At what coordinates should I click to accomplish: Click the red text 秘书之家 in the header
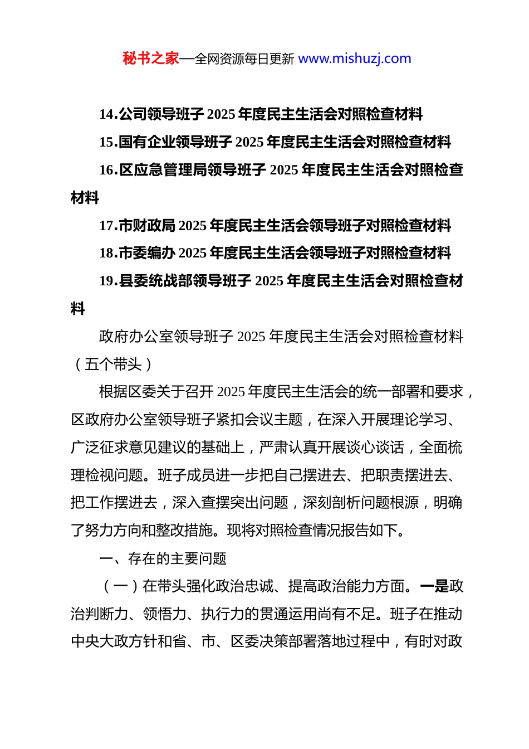(x=151, y=59)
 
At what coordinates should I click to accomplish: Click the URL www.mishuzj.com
(x=355, y=59)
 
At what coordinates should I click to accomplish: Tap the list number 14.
(x=108, y=115)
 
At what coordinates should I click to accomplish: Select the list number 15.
(x=108, y=143)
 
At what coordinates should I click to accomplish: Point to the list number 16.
(x=108, y=171)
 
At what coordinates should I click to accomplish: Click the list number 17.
(x=108, y=226)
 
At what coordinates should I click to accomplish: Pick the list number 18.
(x=108, y=254)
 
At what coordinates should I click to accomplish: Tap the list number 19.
(x=108, y=281)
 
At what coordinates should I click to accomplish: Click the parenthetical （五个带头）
(x=113, y=365)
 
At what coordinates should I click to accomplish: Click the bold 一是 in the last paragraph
(x=434, y=587)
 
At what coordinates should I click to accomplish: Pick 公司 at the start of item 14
(x=133, y=115)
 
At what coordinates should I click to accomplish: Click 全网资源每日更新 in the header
(x=244, y=59)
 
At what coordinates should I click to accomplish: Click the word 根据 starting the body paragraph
(x=113, y=392)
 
